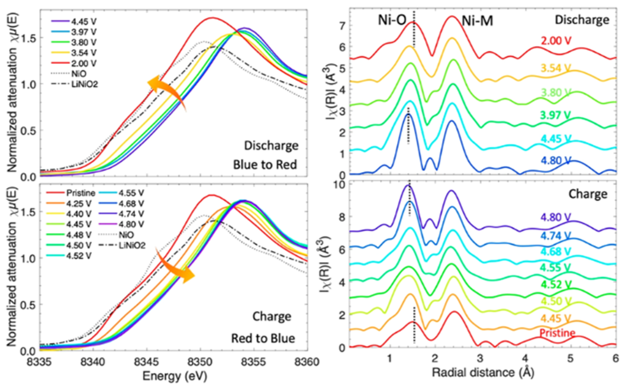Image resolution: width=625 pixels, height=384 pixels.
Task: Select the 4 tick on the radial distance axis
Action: click(x=526, y=359)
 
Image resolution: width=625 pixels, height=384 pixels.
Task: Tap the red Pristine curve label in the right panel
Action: click(x=558, y=334)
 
